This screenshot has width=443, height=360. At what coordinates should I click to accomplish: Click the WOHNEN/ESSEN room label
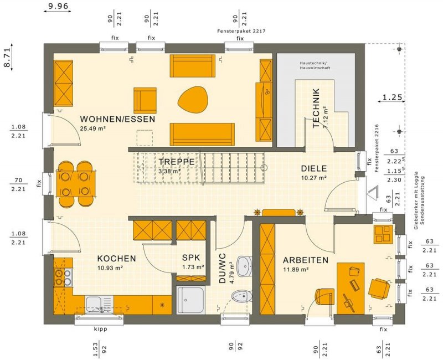tap(117, 119)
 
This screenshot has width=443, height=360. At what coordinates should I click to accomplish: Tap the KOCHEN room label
tap(116, 259)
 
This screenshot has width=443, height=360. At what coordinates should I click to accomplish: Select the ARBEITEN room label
tap(306, 260)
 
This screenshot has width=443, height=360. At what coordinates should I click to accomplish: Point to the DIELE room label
tap(314, 169)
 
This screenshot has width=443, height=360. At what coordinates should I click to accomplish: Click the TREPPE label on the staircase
tap(176, 162)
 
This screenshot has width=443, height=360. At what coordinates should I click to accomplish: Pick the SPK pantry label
tap(191, 258)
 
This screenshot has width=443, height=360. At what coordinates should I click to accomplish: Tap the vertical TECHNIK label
tap(316, 108)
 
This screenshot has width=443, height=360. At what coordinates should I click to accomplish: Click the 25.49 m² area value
tap(92, 128)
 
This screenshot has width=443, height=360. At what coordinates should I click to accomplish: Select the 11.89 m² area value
tap(296, 269)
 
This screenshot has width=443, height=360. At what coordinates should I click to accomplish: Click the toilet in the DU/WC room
tap(242, 296)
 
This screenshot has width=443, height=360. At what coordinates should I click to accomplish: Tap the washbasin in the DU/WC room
tap(244, 266)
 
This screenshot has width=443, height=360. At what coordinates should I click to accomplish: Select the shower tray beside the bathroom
tap(190, 300)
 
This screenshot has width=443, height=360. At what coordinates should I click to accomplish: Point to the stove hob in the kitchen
tap(63, 277)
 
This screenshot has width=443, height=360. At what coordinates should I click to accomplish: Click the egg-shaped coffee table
tap(193, 100)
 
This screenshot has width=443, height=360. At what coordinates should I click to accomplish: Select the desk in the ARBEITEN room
tap(351, 288)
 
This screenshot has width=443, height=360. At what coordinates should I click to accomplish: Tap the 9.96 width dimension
tap(58, 6)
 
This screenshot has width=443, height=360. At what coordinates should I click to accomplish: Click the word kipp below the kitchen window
tap(101, 329)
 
